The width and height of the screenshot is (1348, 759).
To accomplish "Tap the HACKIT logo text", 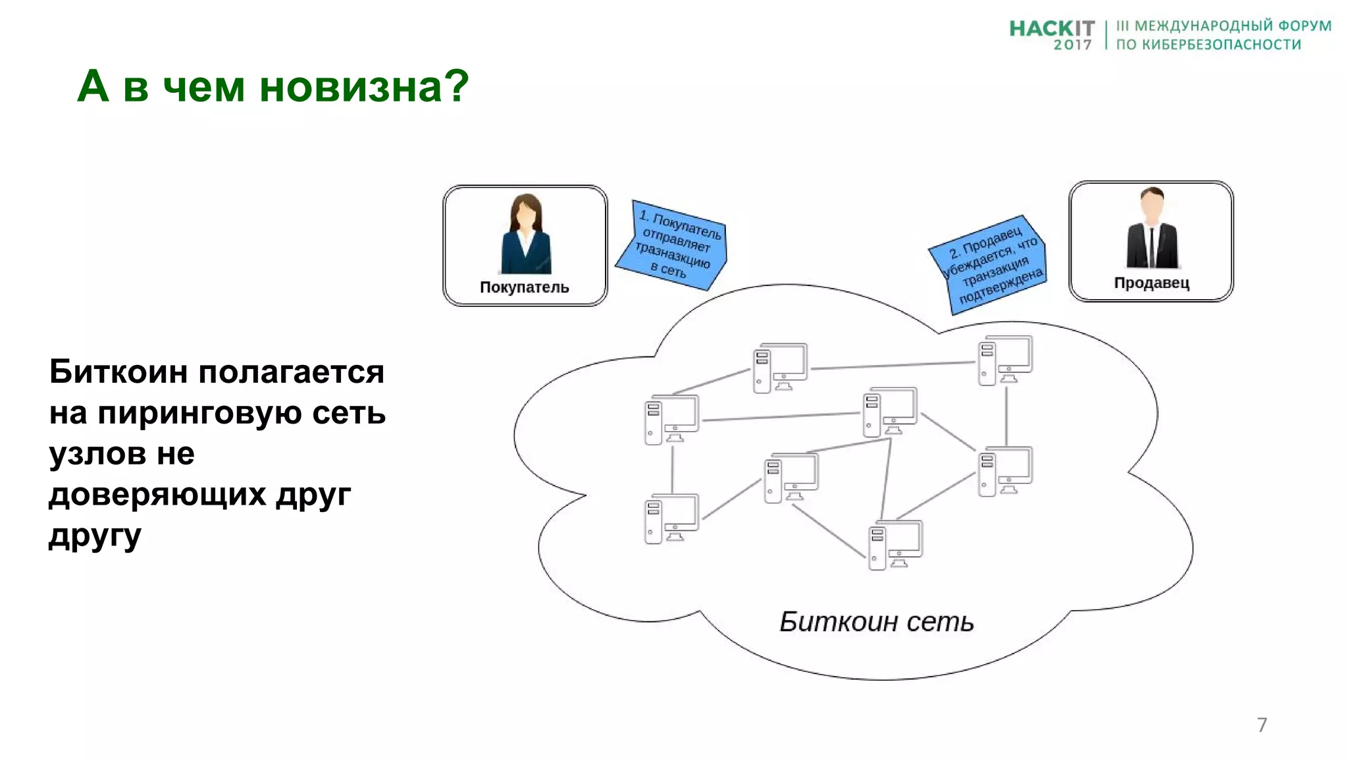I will click(x=1051, y=28).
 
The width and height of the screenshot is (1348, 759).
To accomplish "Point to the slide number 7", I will click(x=1261, y=725).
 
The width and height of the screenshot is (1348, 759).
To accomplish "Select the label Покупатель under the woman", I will click(x=524, y=287).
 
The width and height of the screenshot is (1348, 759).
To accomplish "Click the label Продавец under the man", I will click(x=1151, y=283).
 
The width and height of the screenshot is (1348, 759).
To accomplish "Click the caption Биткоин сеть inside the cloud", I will click(x=876, y=622).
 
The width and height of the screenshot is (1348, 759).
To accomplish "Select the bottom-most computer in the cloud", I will click(x=894, y=545).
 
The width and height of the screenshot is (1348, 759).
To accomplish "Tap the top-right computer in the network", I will click(x=1004, y=360).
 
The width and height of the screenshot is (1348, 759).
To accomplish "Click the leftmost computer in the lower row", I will click(x=671, y=519).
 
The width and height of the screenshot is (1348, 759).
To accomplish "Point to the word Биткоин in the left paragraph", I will click(x=118, y=372).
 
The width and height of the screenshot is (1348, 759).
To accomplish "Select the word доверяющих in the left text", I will click(x=157, y=494).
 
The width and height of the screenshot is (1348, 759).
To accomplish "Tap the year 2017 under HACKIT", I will click(x=1072, y=45).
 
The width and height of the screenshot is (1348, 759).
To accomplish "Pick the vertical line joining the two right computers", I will click(x=1006, y=416).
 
